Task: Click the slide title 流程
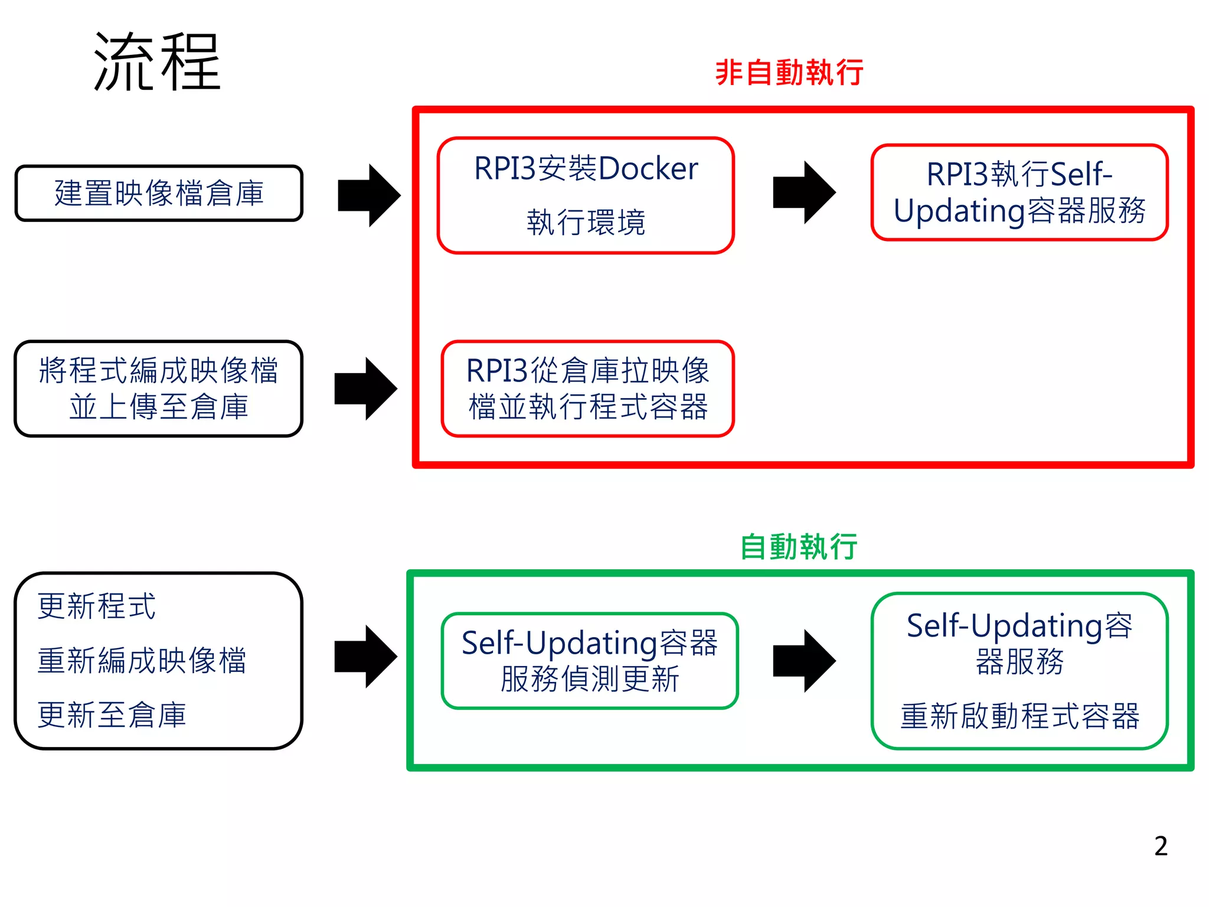tap(157, 62)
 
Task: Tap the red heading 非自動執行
tap(789, 73)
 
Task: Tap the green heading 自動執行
tap(799, 546)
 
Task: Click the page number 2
tap(1161, 846)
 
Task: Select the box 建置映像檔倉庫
tap(159, 194)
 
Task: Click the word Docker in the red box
tap(648, 169)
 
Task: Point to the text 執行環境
tap(586, 223)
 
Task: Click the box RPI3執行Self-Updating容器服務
tap(1020, 193)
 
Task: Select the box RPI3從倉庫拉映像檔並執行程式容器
tap(587, 389)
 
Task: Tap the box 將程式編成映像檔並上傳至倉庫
tap(159, 389)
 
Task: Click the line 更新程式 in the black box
tap(96, 606)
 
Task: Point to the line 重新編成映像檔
tap(142, 660)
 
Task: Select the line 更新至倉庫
tap(112, 715)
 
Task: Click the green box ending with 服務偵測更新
tap(589, 661)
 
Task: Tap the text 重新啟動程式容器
tap(1020, 716)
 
